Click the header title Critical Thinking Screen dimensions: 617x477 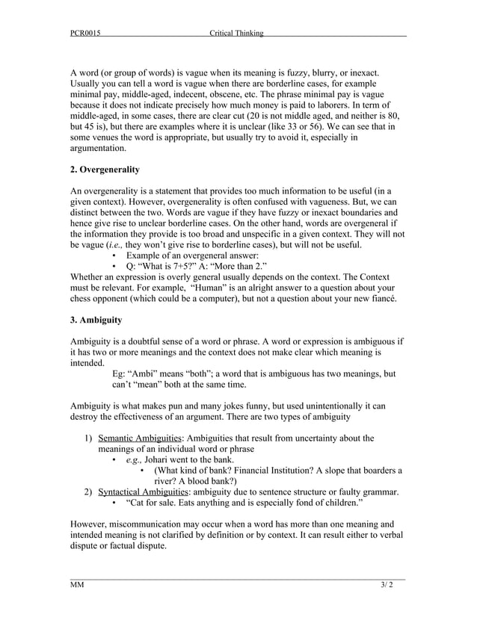(x=236, y=33)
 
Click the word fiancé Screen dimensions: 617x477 (x=381, y=300)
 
